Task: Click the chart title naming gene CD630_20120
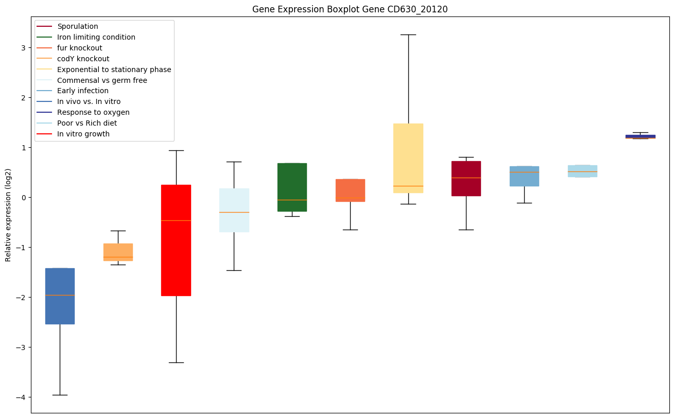pyautogui.click(x=350, y=9)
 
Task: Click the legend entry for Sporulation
pyautogui.click(x=78, y=26)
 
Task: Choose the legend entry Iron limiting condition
pyautogui.click(x=96, y=37)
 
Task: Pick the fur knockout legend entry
pyautogui.click(x=80, y=48)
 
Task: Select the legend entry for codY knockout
pyautogui.click(x=83, y=59)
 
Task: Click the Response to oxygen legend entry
pyautogui.click(x=93, y=112)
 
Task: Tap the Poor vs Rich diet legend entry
pyautogui.click(x=87, y=123)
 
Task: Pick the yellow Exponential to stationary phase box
pyautogui.click(x=408, y=154)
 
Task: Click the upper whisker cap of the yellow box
pyautogui.click(x=408, y=34)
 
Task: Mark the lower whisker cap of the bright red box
pyautogui.click(x=176, y=362)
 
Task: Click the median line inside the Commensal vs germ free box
pyautogui.click(x=234, y=212)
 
